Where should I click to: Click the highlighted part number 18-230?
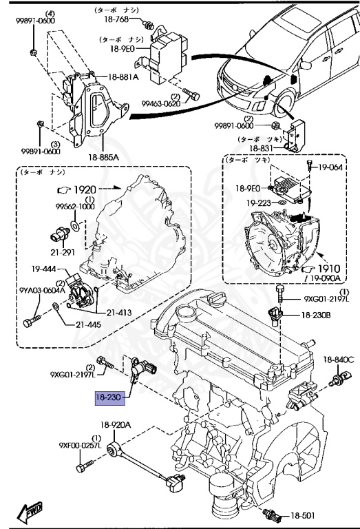(x=108, y=398)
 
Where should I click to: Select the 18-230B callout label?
(x=317, y=315)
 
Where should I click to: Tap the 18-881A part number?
(x=123, y=77)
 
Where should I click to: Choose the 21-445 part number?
(x=89, y=323)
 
